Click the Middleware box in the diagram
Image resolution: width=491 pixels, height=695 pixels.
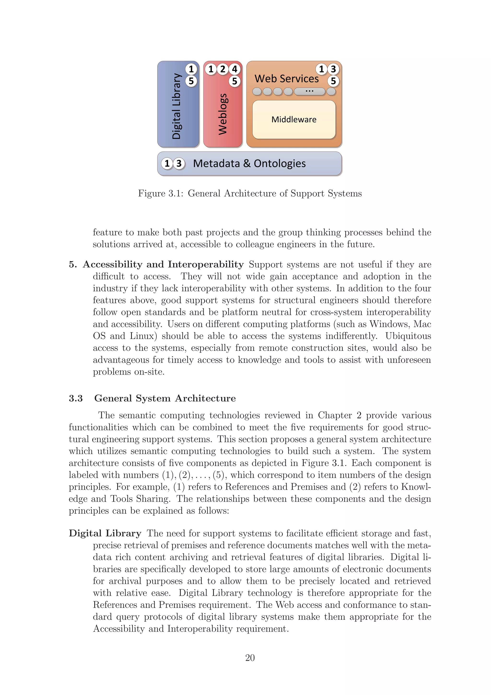tap(294, 120)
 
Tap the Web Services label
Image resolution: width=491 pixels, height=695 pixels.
tap(286, 79)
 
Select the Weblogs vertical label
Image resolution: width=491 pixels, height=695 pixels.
tap(223, 114)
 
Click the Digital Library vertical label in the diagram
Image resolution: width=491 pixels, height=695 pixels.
tap(176, 106)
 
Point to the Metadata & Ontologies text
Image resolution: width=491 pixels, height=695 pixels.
tap(249, 164)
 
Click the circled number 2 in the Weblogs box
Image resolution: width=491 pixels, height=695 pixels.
tap(223, 69)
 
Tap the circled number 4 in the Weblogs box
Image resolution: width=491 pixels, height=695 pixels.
tap(234, 69)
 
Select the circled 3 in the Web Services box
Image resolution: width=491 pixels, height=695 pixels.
tap(333, 69)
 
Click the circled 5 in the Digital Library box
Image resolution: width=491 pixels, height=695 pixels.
tap(191, 81)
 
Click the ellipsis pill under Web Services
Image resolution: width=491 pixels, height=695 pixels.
tap(309, 91)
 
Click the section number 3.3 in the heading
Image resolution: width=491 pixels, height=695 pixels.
tap(76, 398)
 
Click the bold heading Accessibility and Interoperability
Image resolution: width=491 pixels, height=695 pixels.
tap(163, 264)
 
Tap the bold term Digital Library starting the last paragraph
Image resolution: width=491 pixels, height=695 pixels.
tap(105, 533)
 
